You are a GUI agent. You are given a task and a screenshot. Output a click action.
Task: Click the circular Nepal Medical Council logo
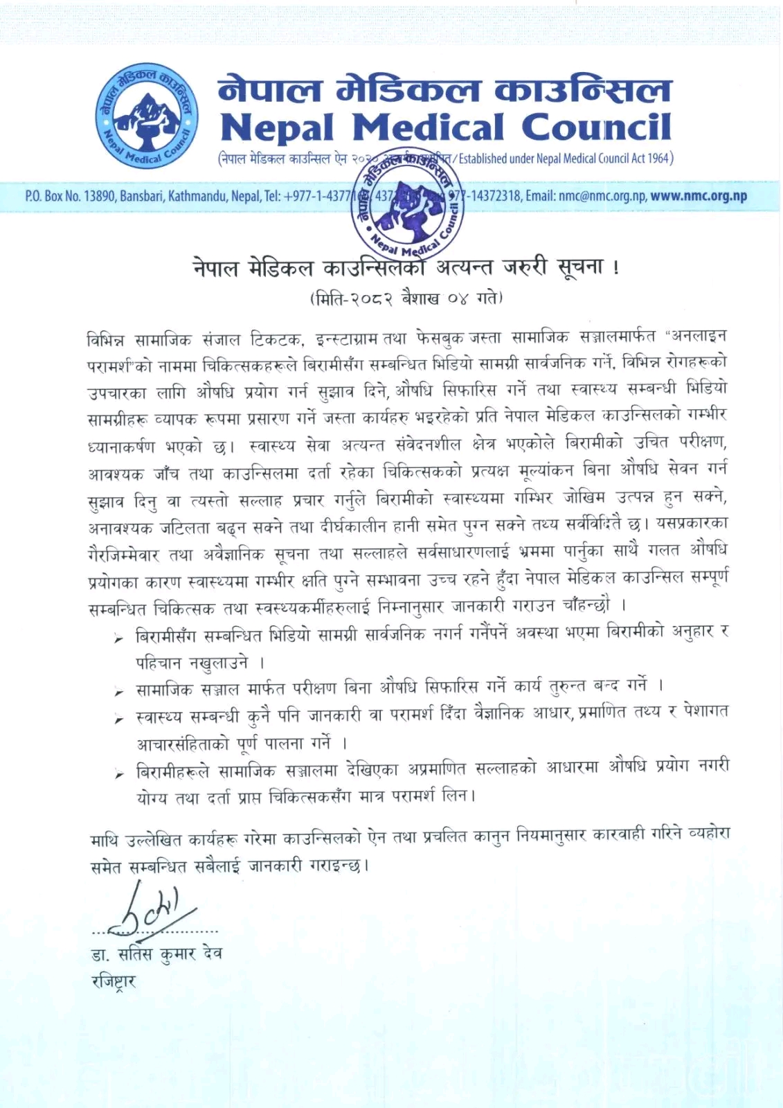click(x=147, y=118)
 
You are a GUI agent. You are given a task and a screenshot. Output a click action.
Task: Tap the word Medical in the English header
click(x=427, y=127)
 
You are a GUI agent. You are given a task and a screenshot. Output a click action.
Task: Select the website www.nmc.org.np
click(x=699, y=196)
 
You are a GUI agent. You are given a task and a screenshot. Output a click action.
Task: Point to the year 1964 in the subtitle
click(x=659, y=159)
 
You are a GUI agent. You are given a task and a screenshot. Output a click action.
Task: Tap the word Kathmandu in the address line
click(x=199, y=196)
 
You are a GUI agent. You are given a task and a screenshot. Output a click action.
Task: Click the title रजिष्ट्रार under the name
click(x=114, y=981)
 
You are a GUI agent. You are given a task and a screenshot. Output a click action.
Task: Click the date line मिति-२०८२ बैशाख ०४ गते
click(x=406, y=298)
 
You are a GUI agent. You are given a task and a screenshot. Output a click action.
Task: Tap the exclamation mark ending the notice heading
click(x=616, y=268)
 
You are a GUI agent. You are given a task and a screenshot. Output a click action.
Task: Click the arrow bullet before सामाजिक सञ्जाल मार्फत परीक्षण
click(x=119, y=691)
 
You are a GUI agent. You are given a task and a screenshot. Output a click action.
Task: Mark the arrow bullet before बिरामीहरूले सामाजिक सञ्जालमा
click(x=119, y=774)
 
